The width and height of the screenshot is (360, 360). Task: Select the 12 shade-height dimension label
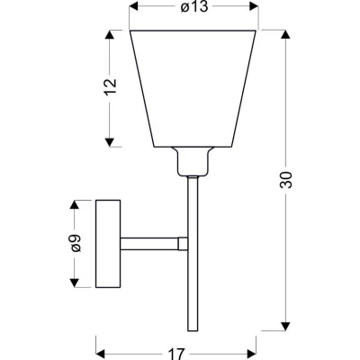[110, 86]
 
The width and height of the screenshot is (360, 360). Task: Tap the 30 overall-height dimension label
[286, 180]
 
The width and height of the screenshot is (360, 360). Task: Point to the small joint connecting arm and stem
[183, 243]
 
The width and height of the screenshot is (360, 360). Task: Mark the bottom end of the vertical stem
[192, 326]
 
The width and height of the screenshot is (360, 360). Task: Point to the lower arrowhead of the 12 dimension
[110, 143]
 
